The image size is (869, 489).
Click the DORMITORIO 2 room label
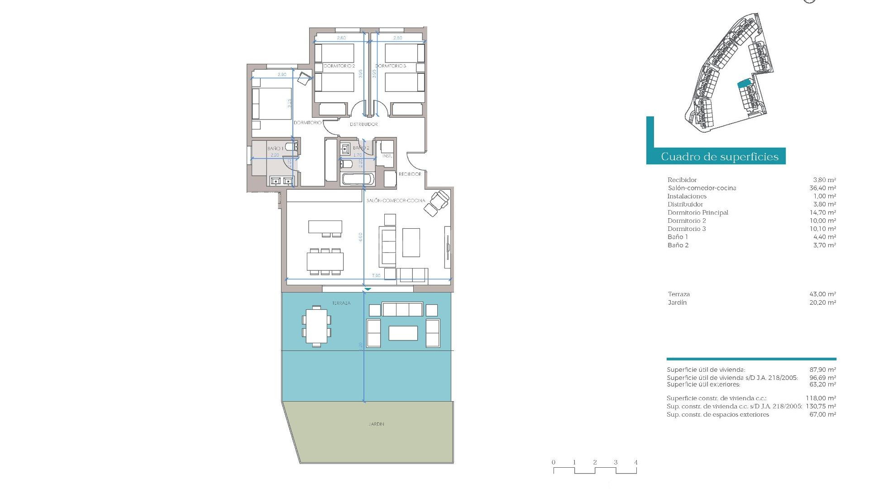339,66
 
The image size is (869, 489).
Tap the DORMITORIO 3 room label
391,66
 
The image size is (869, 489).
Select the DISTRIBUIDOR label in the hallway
363,124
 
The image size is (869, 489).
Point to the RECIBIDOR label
410,174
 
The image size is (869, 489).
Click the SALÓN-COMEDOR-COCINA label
396,201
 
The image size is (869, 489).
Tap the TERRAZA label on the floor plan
341,303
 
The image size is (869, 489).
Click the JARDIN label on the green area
376,424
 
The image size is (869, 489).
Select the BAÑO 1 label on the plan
275,149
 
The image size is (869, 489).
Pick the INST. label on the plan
387,156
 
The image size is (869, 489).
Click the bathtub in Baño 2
357,179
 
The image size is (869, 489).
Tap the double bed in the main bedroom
272,104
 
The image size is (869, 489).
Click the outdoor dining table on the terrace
316,326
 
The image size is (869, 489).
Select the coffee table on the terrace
403,333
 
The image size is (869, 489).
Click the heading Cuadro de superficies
720,157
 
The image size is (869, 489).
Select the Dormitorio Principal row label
697,212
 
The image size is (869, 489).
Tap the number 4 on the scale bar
635,462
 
